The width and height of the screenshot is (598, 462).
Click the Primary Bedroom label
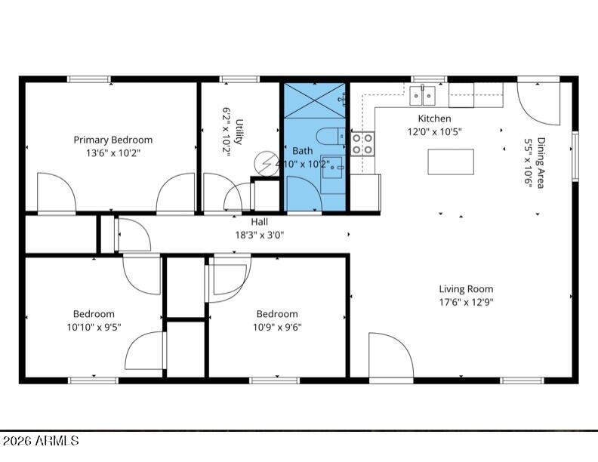coord(113,140)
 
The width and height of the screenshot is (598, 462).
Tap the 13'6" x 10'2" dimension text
coord(113,153)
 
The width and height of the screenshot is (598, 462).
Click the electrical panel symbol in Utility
coord(267,164)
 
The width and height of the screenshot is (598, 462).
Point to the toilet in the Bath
coord(331,137)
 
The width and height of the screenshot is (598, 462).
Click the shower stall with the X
coord(314,100)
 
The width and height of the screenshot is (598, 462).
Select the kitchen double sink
coord(423,96)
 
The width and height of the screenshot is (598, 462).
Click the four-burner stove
coord(362,143)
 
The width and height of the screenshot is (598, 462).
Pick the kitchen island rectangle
coord(451,162)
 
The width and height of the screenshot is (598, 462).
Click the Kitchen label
coord(434,119)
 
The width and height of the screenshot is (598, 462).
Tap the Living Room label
coord(466,289)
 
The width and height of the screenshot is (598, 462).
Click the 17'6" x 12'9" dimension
coord(466,302)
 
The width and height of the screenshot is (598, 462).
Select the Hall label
coord(259,221)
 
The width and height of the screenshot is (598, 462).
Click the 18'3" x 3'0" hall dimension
coord(259,235)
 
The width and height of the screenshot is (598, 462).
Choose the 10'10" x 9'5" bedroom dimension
coord(94,327)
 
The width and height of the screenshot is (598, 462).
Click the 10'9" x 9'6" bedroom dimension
coord(277,327)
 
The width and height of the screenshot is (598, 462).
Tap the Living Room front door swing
coord(391,356)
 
